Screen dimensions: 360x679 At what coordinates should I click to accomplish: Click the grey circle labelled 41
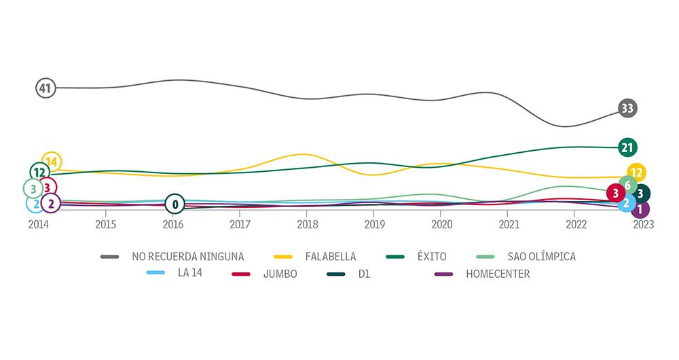coord(45,88)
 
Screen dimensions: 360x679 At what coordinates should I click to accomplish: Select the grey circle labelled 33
coord(628,108)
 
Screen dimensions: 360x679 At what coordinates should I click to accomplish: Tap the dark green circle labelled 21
coord(628,147)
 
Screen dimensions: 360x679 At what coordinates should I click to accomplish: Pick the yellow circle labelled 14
coord(52,162)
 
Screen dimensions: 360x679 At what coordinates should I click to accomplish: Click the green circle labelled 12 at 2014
coord(39,173)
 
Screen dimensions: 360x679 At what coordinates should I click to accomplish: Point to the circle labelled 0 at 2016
coord(175,203)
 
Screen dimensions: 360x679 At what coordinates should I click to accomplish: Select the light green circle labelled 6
coord(628,185)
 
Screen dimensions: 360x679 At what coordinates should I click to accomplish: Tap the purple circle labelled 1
coord(640,209)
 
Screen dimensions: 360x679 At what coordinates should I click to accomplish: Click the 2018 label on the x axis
coord(307,223)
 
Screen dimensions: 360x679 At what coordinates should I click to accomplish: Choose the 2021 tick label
coord(509,223)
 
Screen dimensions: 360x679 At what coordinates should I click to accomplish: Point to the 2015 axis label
coord(105,223)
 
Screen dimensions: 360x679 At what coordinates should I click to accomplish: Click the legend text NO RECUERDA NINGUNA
coord(188,257)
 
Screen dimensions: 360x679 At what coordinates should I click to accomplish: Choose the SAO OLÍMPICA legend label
coord(541,257)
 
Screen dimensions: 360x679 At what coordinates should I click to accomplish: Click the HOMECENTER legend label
coord(498,274)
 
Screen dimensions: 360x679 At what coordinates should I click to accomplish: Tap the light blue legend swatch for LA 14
coord(157,274)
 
